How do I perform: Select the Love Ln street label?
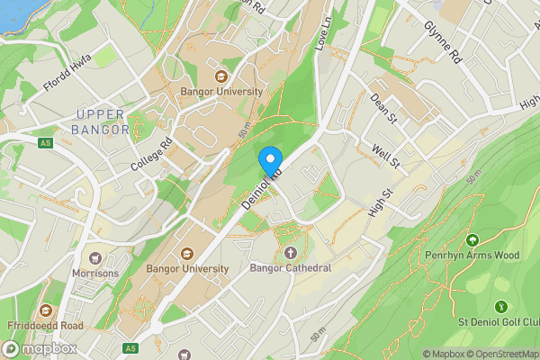325,37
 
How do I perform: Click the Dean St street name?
384,108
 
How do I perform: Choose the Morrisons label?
96,273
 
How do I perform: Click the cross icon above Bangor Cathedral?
290,253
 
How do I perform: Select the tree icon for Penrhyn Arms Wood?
472,240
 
